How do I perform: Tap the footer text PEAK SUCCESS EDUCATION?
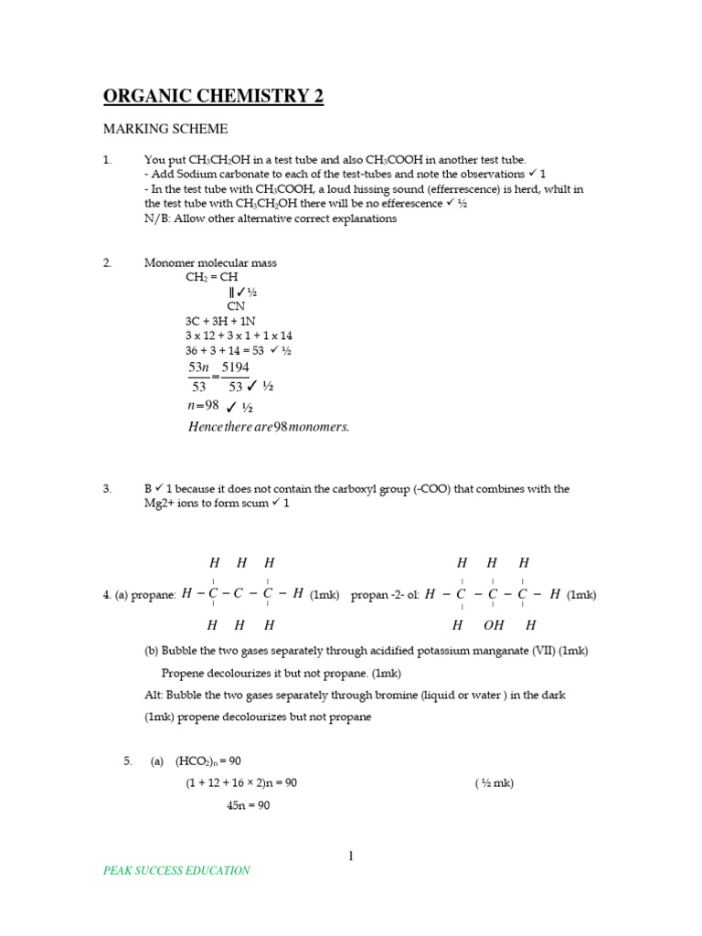pos(176,870)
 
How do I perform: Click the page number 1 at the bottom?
pos(350,856)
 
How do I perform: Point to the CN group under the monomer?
pos(236,307)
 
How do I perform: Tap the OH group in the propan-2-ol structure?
pos(495,626)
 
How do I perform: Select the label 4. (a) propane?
pos(139,595)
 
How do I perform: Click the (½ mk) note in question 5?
pos(495,783)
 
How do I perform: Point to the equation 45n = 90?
pos(248,805)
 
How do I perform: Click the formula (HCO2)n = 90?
pos(208,760)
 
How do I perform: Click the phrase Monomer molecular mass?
pos(210,263)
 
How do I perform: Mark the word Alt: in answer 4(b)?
pos(154,696)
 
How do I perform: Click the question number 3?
pos(107,489)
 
